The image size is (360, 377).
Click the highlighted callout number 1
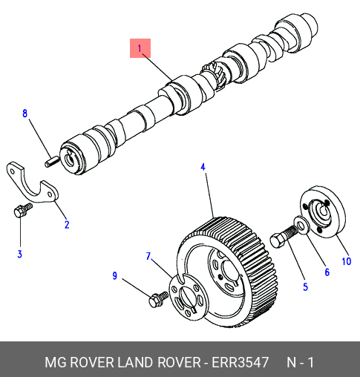click(x=140, y=48)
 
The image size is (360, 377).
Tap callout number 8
click(x=24, y=114)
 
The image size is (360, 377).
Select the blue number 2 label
click(x=67, y=224)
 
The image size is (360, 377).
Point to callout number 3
click(x=20, y=254)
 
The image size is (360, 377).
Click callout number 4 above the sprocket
click(x=203, y=167)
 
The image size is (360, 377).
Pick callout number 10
click(x=347, y=261)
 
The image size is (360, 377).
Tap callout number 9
click(x=114, y=275)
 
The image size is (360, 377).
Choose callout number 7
click(x=148, y=256)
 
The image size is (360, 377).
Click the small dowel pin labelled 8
click(x=52, y=162)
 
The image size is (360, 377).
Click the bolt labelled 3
click(x=23, y=210)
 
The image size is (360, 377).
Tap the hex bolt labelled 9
click(x=158, y=299)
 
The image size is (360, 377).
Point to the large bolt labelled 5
click(x=284, y=236)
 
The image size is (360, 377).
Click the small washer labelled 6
click(x=301, y=225)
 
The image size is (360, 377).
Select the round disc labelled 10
click(x=322, y=212)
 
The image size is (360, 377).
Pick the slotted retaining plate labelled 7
click(x=188, y=297)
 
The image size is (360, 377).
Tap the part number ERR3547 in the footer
click(x=240, y=362)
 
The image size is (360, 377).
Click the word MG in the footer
click(x=56, y=362)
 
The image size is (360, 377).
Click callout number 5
click(x=306, y=287)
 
